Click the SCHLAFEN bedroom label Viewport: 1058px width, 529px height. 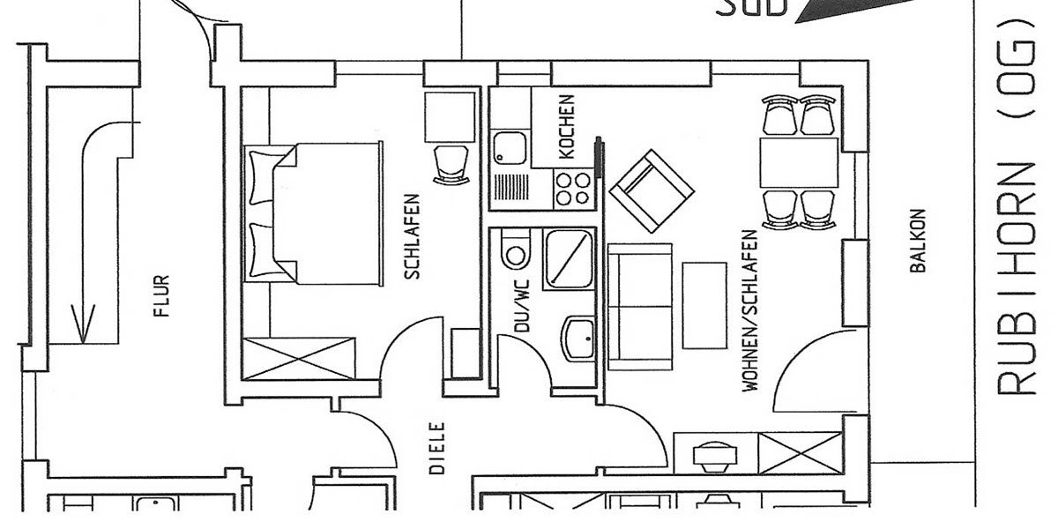pyautogui.click(x=413, y=236)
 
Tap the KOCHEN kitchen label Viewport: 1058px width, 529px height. pyautogui.click(x=566, y=127)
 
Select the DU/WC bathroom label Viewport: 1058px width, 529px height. pyautogui.click(x=523, y=306)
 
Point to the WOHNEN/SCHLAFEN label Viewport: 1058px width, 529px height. pyautogui.click(x=749, y=310)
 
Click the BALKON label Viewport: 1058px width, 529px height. pyautogui.click(x=917, y=241)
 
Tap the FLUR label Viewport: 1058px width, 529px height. pyautogui.click(x=161, y=295)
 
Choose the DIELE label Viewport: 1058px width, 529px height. pyautogui.click(x=437, y=448)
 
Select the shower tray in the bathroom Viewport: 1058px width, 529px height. pyautogui.click(x=569, y=259)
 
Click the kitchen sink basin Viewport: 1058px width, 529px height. pyautogui.click(x=510, y=148)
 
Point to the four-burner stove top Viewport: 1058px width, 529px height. pyautogui.click(x=573, y=190)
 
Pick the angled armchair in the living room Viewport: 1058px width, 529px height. pyautogui.click(x=652, y=191)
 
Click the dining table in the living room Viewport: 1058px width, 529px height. pyautogui.click(x=799, y=163)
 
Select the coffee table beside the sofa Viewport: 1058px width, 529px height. pyautogui.click(x=704, y=306)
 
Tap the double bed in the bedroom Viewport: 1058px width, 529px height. pyautogui.click(x=313, y=213)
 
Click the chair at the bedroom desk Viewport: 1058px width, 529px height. pyautogui.click(x=451, y=164)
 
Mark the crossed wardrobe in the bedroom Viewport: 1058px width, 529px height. pyautogui.click(x=299, y=359)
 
